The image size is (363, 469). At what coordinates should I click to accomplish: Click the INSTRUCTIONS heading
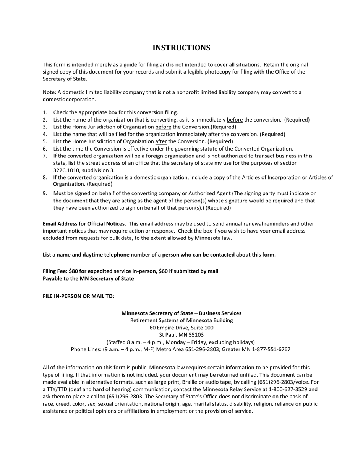[181, 48]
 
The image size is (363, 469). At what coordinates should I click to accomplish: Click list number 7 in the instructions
[45, 156]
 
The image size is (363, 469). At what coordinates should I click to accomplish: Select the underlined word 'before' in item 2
[235, 120]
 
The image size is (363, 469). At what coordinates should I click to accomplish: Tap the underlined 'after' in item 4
[214, 134]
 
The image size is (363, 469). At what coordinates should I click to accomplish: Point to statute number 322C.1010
[68, 170]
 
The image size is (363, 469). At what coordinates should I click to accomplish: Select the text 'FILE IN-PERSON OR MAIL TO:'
[78, 296]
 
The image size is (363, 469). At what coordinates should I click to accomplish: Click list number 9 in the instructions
[45, 194]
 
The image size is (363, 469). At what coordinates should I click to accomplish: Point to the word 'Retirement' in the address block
[144, 320]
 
